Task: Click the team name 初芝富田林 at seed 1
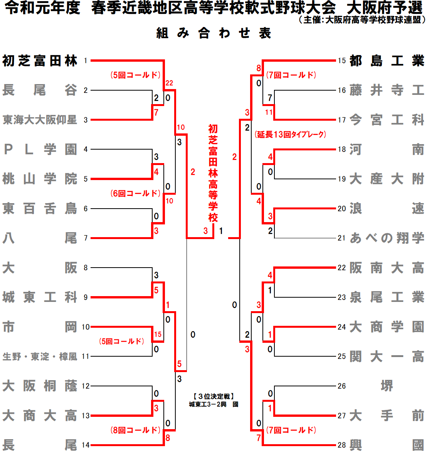[40, 61]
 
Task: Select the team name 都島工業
[387, 61]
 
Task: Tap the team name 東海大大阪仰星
[40, 120]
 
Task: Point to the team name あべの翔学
[387, 238]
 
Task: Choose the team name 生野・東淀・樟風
[40, 357]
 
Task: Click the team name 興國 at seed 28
[387, 445]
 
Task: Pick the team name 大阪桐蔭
[40, 386]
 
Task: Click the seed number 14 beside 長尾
[86, 445]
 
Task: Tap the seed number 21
[341, 238]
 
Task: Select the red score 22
[169, 83]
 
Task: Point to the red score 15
[158, 334]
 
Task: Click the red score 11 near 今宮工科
[269, 112]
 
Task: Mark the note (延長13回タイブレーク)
[290, 135]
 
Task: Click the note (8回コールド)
[135, 430]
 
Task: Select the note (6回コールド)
[135, 193]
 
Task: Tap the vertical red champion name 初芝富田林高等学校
[213, 173]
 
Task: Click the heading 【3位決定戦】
[213, 396]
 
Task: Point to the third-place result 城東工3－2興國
[213, 404]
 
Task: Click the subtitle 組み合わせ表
[213, 34]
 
